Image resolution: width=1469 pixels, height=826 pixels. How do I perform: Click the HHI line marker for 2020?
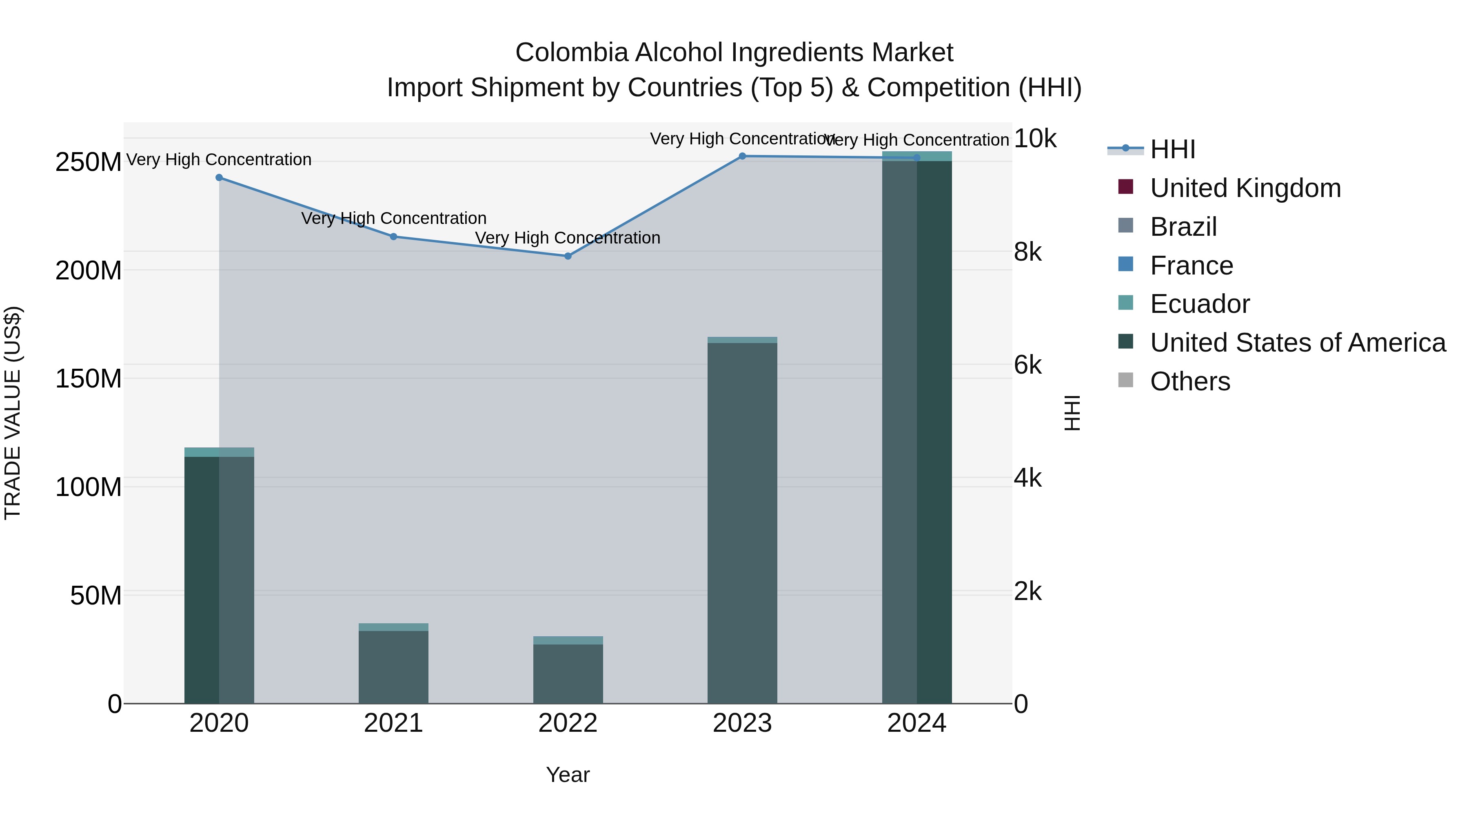click(219, 178)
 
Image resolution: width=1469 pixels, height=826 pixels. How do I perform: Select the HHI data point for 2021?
click(393, 237)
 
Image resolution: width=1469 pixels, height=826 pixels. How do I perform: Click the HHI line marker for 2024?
click(917, 158)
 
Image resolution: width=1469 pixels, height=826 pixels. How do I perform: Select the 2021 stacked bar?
click(393, 667)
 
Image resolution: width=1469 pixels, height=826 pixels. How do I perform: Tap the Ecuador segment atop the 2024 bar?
click(917, 156)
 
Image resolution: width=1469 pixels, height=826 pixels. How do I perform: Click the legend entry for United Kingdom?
click(1245, 188)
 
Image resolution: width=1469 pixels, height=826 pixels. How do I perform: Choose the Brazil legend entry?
click(1183, 227)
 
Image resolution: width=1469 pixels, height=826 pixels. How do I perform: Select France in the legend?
click(1191, 266)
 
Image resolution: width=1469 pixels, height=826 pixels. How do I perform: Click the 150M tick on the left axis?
click(89, 379)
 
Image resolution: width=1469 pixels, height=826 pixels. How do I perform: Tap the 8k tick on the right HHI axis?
click(1027, 252)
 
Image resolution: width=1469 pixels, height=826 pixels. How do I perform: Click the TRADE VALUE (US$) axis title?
click(13, 413)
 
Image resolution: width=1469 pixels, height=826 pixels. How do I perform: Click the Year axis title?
click(568, 775)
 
